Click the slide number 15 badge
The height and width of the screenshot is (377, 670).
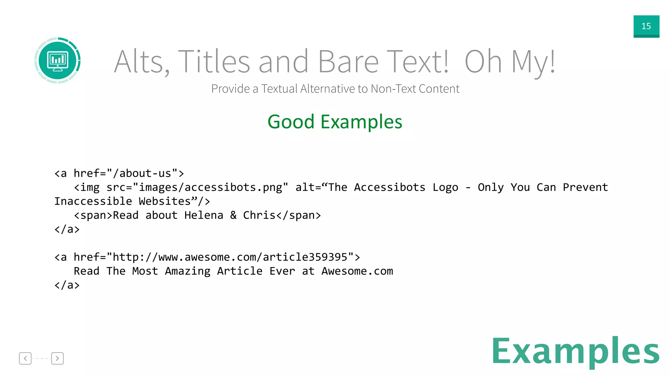click(646, 26)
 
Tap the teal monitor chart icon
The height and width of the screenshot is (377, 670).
click(58, 61)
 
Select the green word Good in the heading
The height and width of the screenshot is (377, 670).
click(291, 122)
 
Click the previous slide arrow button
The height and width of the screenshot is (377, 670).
click(25, 358)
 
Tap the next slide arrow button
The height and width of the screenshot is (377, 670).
click(57, 358)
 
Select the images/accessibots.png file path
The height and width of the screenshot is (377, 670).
click(210, 187)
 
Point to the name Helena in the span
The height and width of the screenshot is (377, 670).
click(203, 215)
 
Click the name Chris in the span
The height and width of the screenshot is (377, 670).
click(259, 215)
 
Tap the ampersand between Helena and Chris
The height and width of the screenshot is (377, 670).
click(233, 215)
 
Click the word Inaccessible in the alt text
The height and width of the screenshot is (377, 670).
click(93, 201)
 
